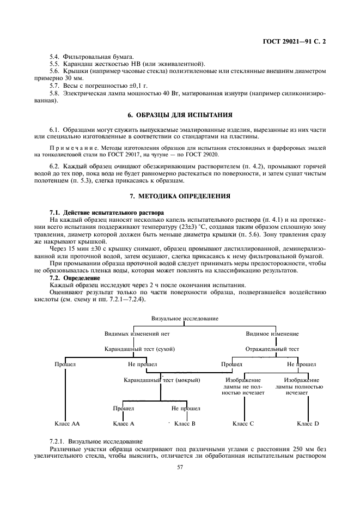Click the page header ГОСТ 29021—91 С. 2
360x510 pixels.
(294, 41)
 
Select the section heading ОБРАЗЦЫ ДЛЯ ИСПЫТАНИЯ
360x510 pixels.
(184, 115)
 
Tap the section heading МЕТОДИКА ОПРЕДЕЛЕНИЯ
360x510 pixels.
(185, 196)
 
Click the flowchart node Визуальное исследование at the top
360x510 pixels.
(185, 318)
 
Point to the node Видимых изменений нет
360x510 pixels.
(137, 333)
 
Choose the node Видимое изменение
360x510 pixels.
(272, 333)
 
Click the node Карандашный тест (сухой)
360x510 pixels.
(139, 349)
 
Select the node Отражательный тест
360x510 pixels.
(272, 349)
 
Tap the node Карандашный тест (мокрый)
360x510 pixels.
(162, 380)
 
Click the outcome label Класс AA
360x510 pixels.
(67, 423)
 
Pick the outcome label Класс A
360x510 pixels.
(124, 423)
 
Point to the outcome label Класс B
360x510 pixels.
(185, 423)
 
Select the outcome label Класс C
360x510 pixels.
(243, 423)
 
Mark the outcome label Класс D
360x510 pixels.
(308, 423)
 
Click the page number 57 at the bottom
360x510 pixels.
(180, 467)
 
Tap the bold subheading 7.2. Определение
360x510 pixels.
(75, 278)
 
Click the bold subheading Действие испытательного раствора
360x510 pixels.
(113, 214)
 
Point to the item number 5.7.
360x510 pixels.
(54, 86)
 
